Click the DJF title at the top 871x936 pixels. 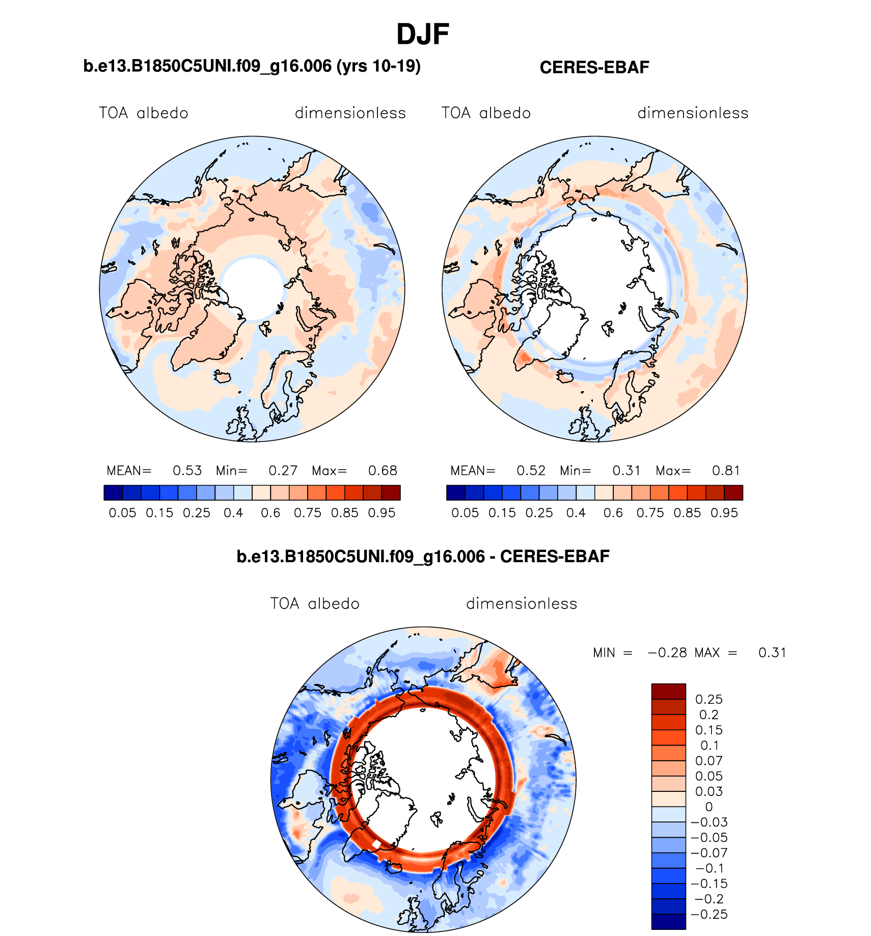(422, 35)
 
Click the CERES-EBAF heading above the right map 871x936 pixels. (594, 68)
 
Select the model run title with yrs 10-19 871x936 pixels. (252, 66)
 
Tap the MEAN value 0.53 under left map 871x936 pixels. (187, 471)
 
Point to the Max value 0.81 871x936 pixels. (726, 471)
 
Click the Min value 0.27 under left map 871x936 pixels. (283, 471)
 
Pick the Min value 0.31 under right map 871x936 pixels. (626, 471)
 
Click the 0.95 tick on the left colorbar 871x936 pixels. (382, 513)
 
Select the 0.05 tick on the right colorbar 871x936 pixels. (465, 513)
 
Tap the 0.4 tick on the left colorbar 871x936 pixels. (233, 513)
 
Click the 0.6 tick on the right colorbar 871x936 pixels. (613, 513)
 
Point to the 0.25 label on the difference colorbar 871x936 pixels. (709, 699)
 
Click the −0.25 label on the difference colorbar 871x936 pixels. (709, 914)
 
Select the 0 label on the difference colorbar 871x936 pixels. (709, 807)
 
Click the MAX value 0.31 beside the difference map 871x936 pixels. (772, 653)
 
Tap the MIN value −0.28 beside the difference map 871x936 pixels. (667, 653)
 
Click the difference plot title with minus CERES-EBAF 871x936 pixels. (423, 557)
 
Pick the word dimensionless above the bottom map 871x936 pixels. (522, 604)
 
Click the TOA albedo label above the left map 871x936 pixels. (144, 113)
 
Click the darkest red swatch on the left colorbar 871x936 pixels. (391, 493)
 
